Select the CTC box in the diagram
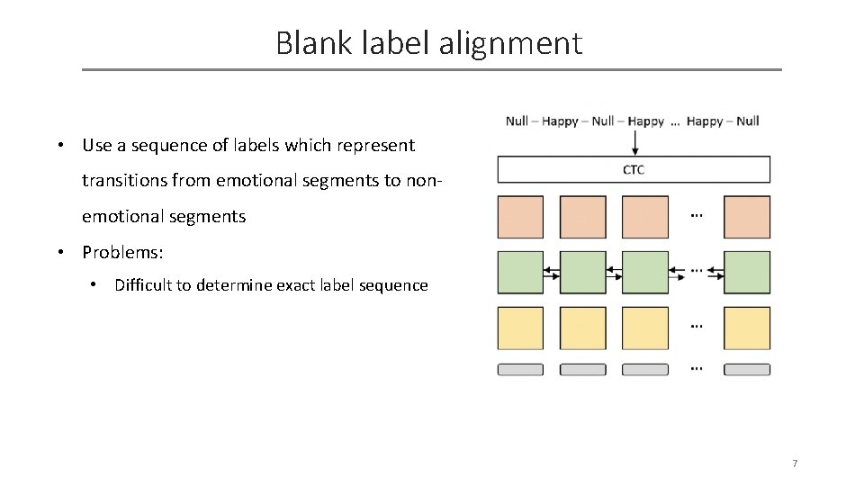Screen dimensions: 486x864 click(634, 170)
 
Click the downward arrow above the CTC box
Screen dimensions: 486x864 click(634, 142)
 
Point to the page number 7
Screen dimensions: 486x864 click(795, 463)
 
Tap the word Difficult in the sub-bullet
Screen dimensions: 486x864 click(146, 285)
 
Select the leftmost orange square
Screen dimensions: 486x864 click(520, 217)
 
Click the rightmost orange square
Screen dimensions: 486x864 click(747, 217)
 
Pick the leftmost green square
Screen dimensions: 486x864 click(520, 272)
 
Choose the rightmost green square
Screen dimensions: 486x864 click(747, 272)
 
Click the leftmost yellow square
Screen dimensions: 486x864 click(520, 328)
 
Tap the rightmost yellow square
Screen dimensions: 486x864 click(747, 328)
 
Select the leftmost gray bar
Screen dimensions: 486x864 click(520, 369)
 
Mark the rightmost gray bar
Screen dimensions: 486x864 click(747, 369)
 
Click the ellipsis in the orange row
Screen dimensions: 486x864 click(696, 215)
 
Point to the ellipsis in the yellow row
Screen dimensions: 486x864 click(696, 325)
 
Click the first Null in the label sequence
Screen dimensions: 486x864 click(517, 121)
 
